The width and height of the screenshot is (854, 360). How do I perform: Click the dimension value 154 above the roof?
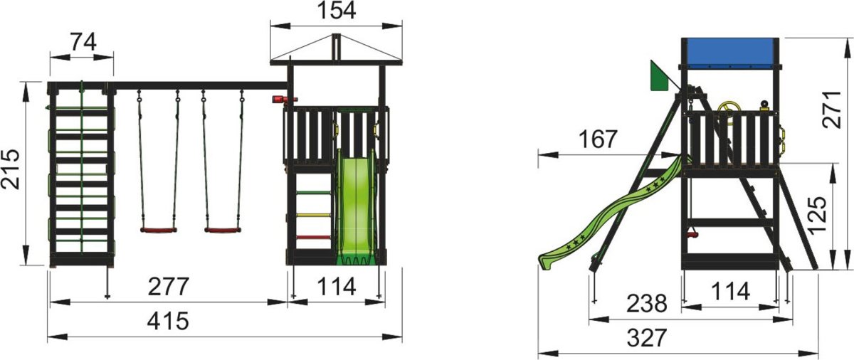336,10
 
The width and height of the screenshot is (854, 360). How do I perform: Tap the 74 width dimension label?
83,42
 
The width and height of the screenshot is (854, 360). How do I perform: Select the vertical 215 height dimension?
10,169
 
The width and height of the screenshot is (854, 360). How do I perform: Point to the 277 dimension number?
168,287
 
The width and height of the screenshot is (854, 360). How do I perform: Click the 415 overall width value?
168,321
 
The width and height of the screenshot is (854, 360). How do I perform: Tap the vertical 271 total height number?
832,110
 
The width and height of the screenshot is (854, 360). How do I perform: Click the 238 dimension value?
647,304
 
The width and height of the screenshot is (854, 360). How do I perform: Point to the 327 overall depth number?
647,337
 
